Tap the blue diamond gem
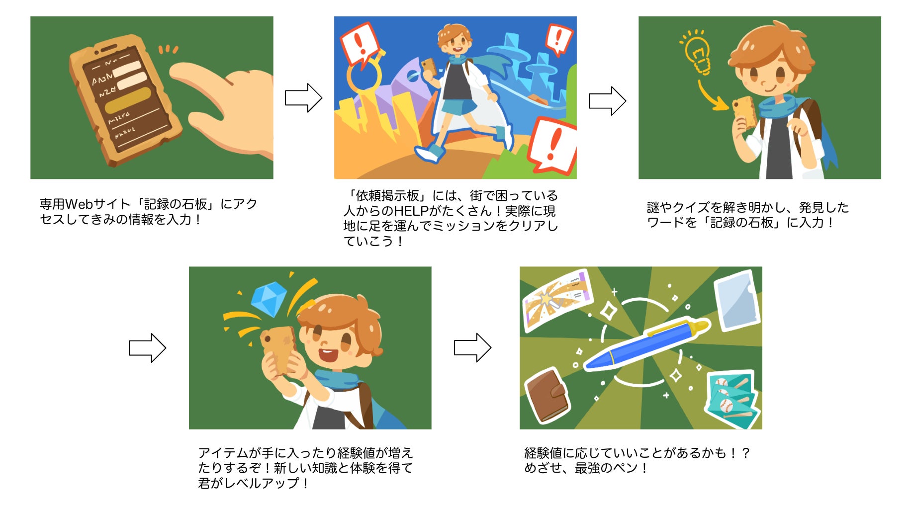pos(269,300)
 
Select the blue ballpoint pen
pos(646,344)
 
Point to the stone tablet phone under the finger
pos(124,99)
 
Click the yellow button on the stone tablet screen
pos(128,100)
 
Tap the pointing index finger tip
pos(175,71)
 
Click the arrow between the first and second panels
pos(303,97)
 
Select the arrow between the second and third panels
pos(607,101)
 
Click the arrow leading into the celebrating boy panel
pos(147,347)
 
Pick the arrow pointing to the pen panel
pos(472,347)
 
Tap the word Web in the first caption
pos(78,204)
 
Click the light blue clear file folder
pos(736,301)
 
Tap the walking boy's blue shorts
pos(459,107)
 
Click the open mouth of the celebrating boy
pos(328,355)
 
